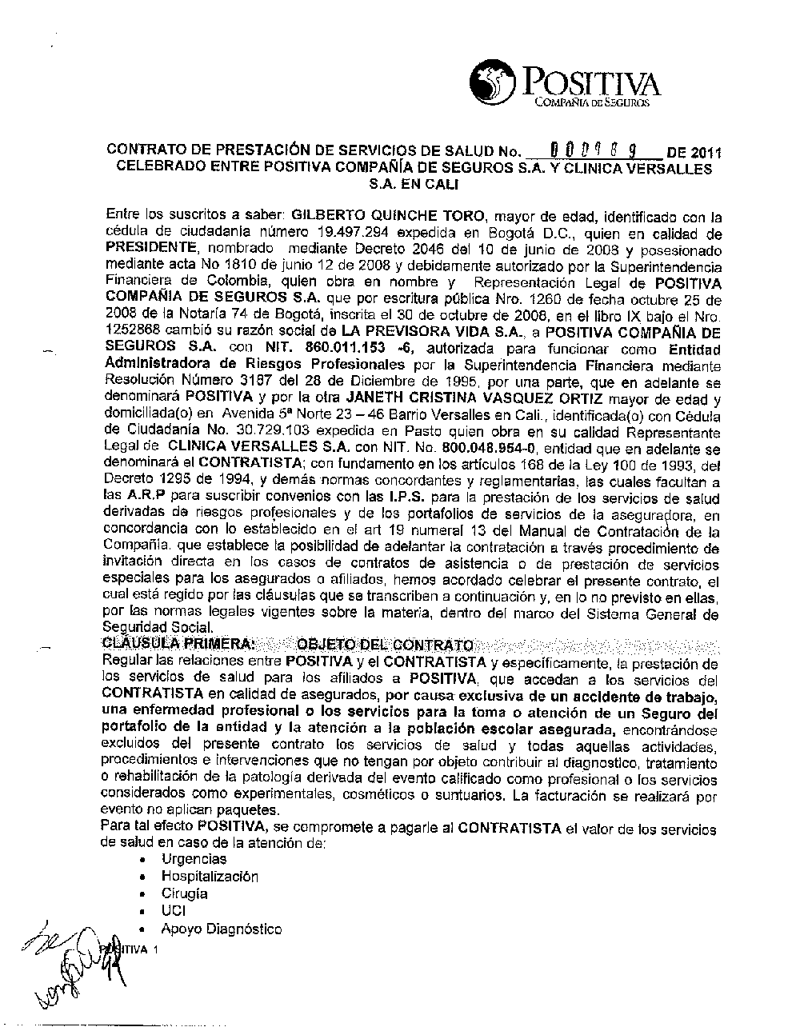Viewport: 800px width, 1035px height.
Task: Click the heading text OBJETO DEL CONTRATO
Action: [x=385, y=644]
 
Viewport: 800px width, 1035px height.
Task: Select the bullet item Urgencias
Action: [x=194, y=859]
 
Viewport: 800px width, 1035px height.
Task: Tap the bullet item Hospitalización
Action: [x=210, y=877]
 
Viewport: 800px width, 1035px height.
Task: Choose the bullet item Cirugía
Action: [x=185, y=893]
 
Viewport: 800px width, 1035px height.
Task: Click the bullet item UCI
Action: [x=174, y=911]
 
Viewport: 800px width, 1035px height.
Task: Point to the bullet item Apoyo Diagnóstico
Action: [x=222, y=929]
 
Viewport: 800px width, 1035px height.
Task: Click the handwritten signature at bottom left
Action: [x=76, y=968]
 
